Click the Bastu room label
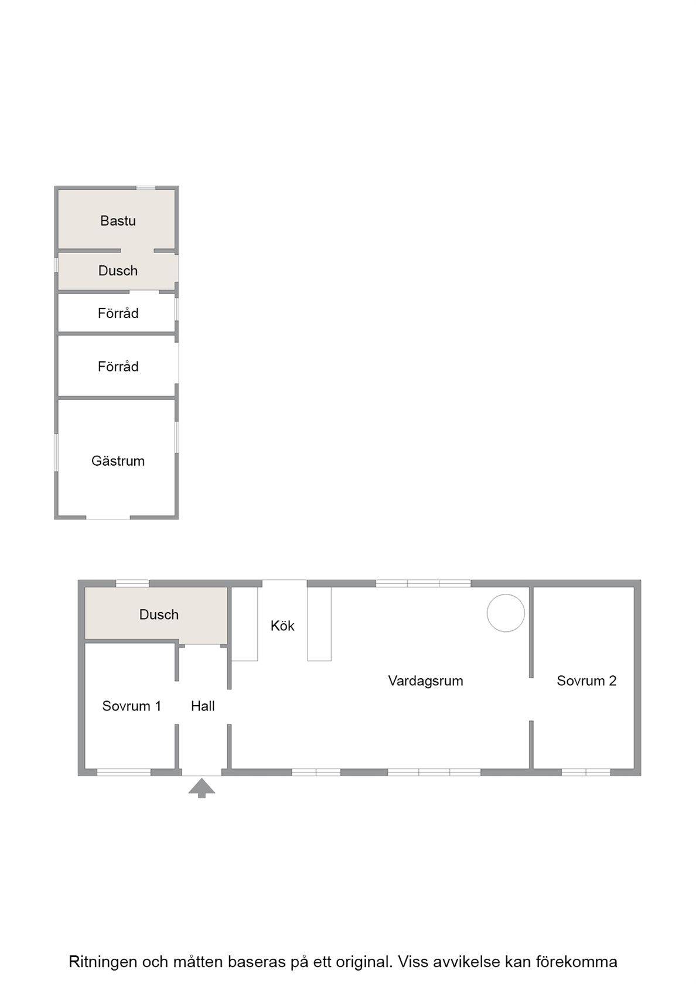tap(118, 220)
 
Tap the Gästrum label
tap(118, 461)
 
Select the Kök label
tap(282, 626)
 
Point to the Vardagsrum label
tap(425, 681)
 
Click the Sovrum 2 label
tap(586, 681)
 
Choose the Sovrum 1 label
tap(131, 706)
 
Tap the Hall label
tap(203, 706)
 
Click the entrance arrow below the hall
tap(202, 788)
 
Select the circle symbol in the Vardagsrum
tap(506, 613)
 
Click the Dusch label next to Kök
tap(159, 614)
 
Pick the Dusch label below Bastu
tap(118, 271)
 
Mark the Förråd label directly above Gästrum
tap(118, 367)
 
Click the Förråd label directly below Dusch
tap(118, 313)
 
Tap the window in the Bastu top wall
tap(145, 188)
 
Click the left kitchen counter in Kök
tap(244, 624)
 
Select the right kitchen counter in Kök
tap(319, 624)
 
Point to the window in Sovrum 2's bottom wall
tap(586, 772)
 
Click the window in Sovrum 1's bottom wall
tap(124, 772)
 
